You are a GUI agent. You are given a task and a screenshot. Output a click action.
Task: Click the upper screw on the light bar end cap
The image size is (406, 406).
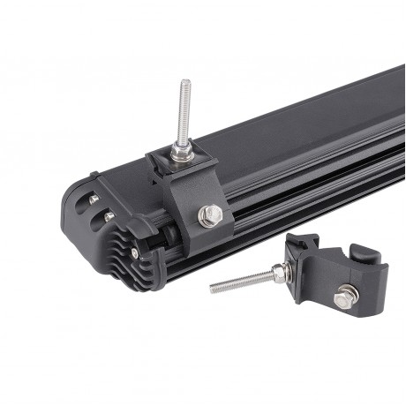(x=94, y=200)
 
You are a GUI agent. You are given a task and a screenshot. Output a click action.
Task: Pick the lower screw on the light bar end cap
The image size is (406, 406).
(x=108, y=215)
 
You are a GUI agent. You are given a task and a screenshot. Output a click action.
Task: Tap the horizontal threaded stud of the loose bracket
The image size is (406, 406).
(x=243, y=281)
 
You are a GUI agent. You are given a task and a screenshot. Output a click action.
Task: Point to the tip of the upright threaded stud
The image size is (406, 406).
(x=185, y=83)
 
